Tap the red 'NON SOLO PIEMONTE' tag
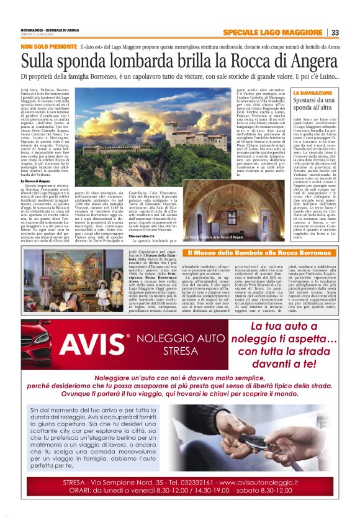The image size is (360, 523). tap(48, 47)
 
